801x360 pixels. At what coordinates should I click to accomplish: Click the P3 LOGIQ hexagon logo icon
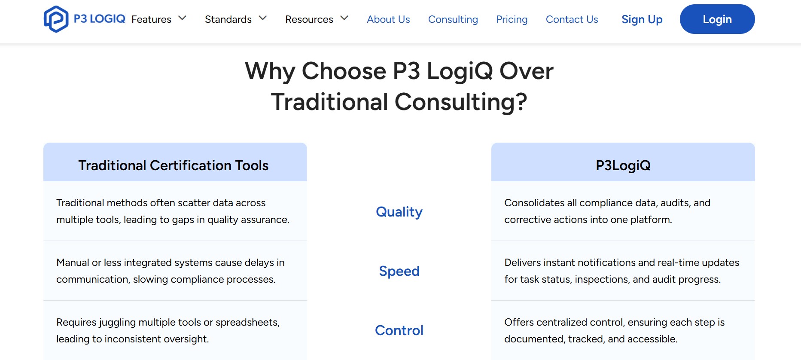(x=56, y=19)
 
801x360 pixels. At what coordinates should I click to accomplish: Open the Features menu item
(x=151, y=19)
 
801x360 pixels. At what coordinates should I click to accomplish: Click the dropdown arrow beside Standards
(x=263, y=18)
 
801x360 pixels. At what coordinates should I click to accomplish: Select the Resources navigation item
(x=309, y=19)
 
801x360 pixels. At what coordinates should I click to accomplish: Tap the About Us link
(x=388, y=19)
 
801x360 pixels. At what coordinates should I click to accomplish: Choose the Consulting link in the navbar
(x=453, y=19)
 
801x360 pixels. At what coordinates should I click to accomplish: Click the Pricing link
(x=512, y=19)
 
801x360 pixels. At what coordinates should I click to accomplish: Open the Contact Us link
(x=572, y=19)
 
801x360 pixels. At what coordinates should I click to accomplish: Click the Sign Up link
(x=642, y=19)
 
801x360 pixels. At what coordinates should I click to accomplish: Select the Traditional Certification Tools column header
(x=173, y=165)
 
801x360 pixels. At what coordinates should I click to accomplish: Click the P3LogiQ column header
(x=623, y=165)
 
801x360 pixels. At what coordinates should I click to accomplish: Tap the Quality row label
(x=399, y=212)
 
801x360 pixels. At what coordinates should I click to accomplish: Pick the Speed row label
(x=399, y=271)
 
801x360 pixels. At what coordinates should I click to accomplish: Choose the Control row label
(x=399, y=330)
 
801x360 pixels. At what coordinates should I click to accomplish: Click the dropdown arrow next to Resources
(x=344, y=18)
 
